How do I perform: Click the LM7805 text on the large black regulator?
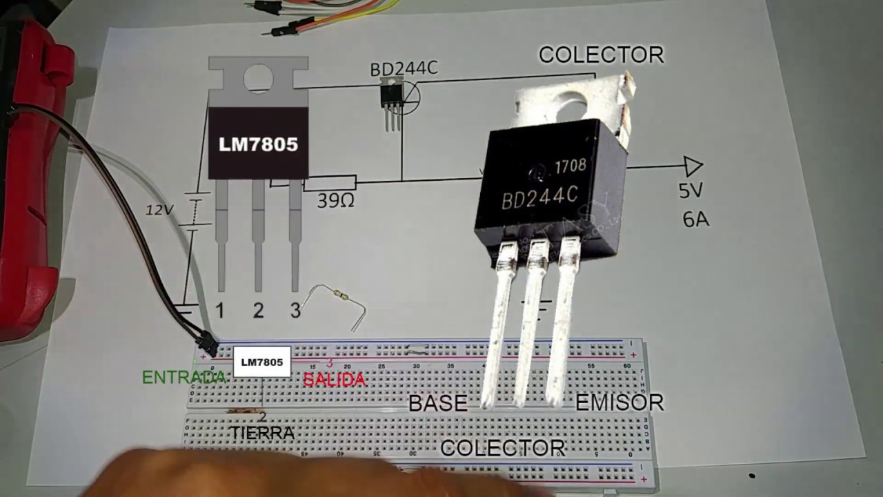259,144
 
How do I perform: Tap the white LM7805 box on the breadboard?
262,362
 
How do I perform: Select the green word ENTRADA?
184,378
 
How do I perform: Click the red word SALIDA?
335,380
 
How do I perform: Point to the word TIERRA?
262,433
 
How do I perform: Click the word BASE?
438,404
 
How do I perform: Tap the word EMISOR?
619,403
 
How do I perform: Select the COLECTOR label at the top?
601,55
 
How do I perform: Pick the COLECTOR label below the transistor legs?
503,449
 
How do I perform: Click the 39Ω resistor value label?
336,201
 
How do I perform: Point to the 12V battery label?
159,210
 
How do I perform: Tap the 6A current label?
695,220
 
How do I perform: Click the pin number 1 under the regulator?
220,311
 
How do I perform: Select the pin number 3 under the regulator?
295,311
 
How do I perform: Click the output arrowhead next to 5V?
693,166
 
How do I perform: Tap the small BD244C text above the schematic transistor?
404,69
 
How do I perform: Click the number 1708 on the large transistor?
571,166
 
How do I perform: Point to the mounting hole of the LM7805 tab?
259,78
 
